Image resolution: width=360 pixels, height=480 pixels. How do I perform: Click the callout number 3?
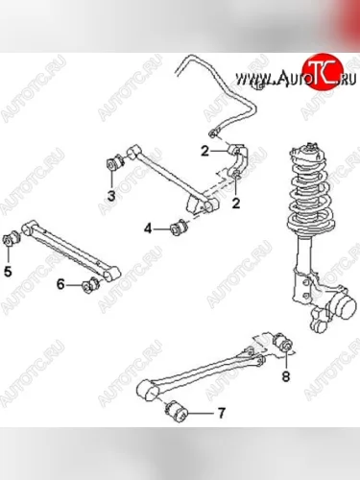point(111,196)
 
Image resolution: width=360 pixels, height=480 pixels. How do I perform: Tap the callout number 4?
point(148,228)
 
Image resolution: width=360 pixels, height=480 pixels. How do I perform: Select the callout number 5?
point(8,272)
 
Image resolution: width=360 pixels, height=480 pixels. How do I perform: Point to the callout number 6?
point(60,284)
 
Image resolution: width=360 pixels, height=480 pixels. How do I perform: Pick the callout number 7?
point(222,413)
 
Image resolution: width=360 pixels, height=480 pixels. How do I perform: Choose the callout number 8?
point(286,376)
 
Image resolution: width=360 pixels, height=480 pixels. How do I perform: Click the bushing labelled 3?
point(115,163)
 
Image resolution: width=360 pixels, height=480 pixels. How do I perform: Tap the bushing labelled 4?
point(180,227)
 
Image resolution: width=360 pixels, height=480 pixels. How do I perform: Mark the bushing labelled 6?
point(91,284)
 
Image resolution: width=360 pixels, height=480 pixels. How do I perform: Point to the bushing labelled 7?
point(177,411)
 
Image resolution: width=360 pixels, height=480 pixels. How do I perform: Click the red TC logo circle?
point(323,72)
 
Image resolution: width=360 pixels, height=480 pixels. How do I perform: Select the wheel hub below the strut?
point(343,307)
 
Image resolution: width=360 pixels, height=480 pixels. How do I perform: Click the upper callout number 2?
point(204,151)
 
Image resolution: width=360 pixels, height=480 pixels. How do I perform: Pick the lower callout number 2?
point(236,204)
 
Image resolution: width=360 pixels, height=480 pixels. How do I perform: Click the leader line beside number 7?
point(202,413)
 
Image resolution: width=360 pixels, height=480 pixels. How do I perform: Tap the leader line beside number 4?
point(162,228)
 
